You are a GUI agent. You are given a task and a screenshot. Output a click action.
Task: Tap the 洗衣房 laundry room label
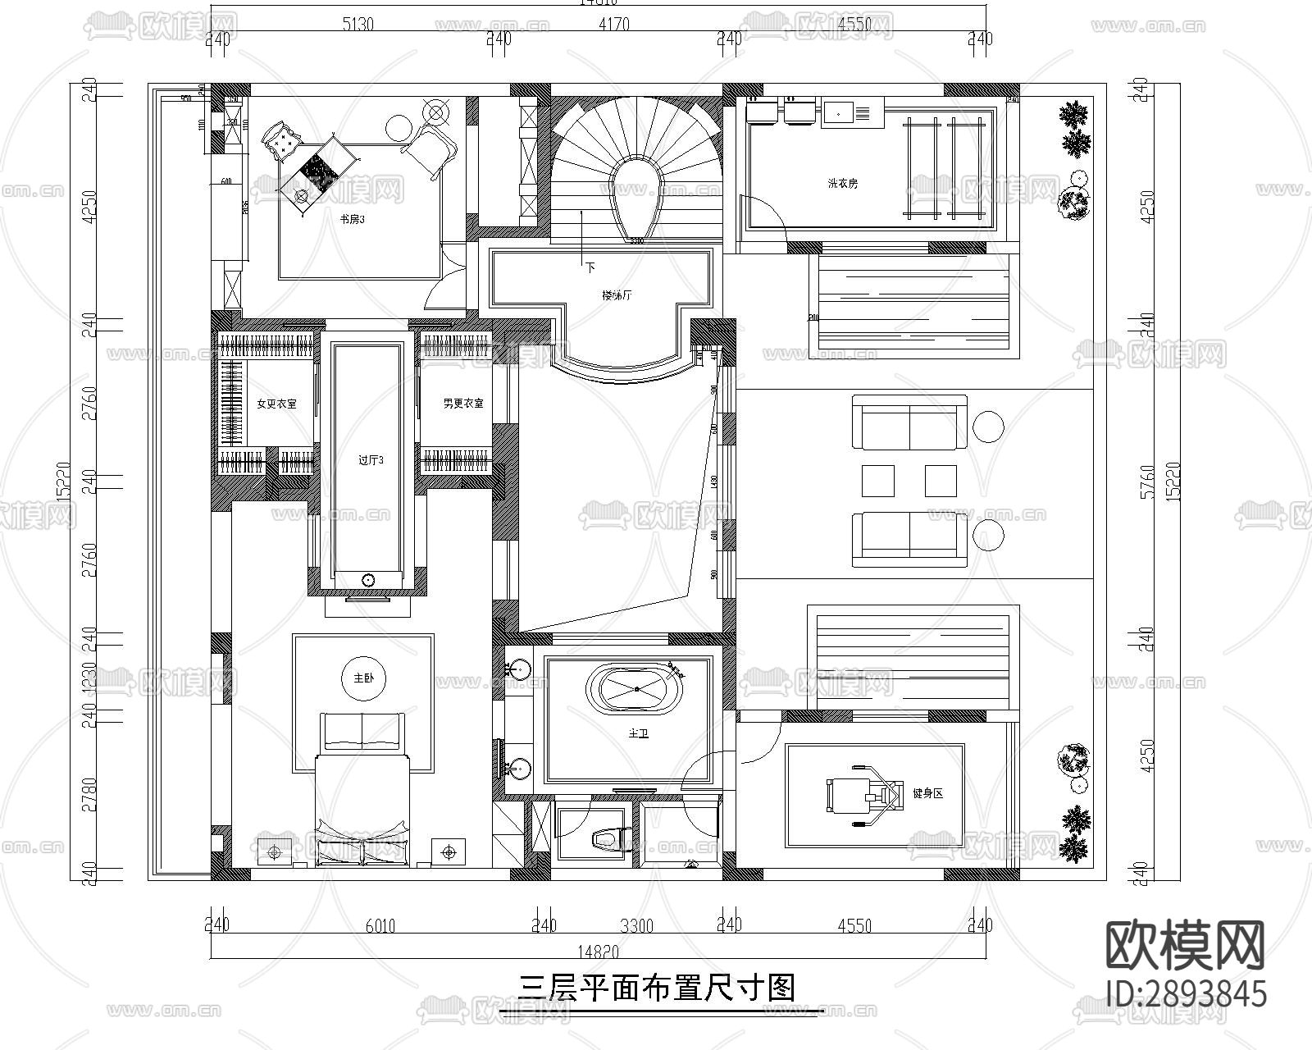842,184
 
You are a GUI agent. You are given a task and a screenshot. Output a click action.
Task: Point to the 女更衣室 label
276,404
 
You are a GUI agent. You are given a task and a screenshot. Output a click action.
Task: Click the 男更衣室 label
463,404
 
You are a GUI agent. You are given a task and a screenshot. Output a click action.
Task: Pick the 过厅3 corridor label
371,460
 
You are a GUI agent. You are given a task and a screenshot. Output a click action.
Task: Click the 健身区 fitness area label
928,793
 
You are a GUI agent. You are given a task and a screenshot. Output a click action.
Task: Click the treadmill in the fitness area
861,794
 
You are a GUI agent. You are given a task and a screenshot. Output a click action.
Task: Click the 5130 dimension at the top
358,25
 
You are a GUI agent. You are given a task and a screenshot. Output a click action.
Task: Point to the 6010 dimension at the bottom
380,926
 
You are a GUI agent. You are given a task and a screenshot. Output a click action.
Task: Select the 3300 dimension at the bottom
636,926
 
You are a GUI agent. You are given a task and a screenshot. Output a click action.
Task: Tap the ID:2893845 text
1185,994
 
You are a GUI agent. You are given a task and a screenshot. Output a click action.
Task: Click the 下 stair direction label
590,267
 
